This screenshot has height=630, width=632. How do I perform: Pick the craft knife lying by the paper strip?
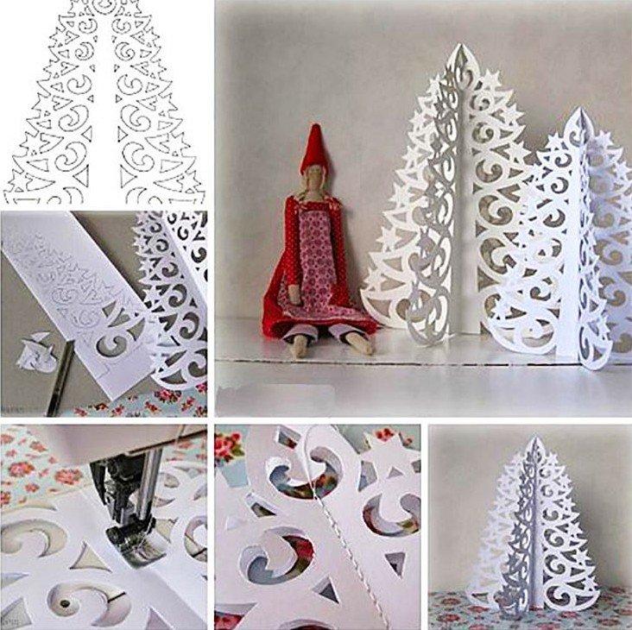[59, 380]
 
